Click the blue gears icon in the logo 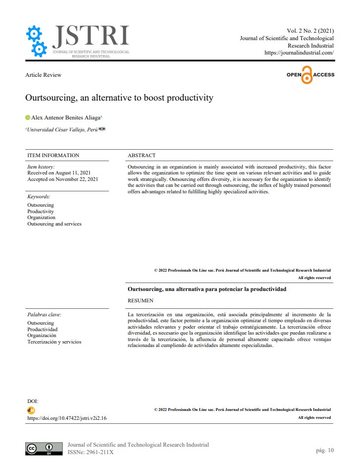coord(36,41)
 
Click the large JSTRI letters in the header coord(91,36)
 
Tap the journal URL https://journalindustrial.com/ coord(299,53)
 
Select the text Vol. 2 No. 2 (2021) coord(310,31)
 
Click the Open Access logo coord(310,75)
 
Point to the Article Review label coord(44,75)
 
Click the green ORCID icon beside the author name coord(28,117)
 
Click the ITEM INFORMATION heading coord(53,155)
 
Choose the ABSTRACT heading coord(142,155)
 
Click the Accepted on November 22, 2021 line coord(62,179)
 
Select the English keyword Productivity coord(41,211)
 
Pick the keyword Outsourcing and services coord(54,224)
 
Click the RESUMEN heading coord(141,300)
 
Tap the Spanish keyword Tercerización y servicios coord(54,342)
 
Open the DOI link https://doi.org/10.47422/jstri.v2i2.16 coord(67,418)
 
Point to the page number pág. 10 coord(325,450)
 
